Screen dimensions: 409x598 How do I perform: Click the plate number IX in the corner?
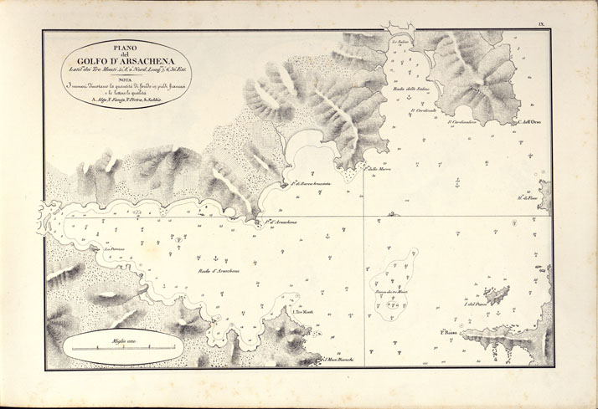point(542,28)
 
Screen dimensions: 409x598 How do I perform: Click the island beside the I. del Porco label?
point(497,294)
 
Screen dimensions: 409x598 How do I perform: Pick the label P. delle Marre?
point(379,168)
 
